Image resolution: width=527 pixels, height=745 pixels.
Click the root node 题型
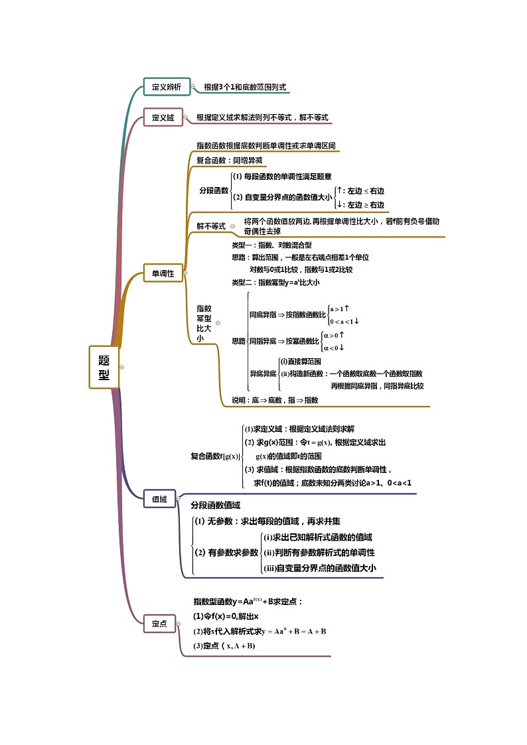tap(104, 367)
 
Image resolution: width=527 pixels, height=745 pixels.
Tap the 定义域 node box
tap(163, 117)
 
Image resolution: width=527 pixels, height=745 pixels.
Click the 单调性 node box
tap(163, 273)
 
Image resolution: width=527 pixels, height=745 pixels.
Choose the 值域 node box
tap(159, 499)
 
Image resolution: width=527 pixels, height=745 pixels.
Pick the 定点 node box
tap(159, 623)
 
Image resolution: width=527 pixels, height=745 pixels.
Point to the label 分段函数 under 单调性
tap(213, 190)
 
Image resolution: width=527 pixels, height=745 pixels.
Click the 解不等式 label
tap(210, 226)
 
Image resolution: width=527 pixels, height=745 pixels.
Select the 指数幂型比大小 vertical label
tap(204, 323)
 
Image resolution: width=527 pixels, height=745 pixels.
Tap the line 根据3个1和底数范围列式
tap(245, 87)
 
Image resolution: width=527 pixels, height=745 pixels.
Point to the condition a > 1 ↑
tap(340, 308)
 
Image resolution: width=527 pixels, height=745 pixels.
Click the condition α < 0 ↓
tap(334, 348)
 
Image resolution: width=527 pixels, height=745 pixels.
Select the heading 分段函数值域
tap(215, 505)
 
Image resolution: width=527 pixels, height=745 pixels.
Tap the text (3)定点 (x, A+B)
tap(224, 645)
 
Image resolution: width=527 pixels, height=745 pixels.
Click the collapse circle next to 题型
tap(122, 367)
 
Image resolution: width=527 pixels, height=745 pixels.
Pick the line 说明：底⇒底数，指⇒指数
tap(274, 400)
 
